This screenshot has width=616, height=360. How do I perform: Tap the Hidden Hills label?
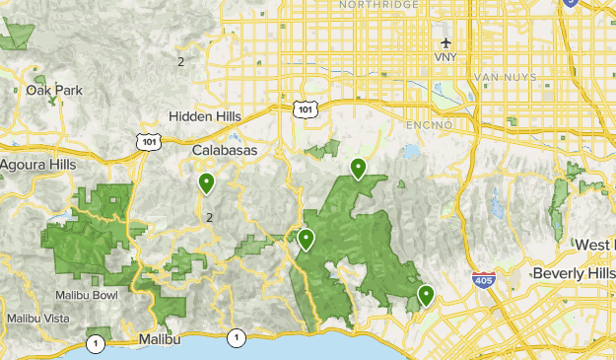click(204, 116)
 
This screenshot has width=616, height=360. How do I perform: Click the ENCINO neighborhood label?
click(429, 125)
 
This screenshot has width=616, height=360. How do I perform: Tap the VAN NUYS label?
click(505, 77)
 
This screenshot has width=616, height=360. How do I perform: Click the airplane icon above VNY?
click(446, 42)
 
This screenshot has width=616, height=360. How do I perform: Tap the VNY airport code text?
click(446, 57)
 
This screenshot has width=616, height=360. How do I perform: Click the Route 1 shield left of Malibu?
click(95, 343)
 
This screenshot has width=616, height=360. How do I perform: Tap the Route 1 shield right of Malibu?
click(237, 338)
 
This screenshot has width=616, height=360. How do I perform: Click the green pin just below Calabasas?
click(206, 182)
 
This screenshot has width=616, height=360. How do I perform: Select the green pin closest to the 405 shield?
click(426, 294)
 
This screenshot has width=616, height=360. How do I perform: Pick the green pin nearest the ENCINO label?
click(358, 169)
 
